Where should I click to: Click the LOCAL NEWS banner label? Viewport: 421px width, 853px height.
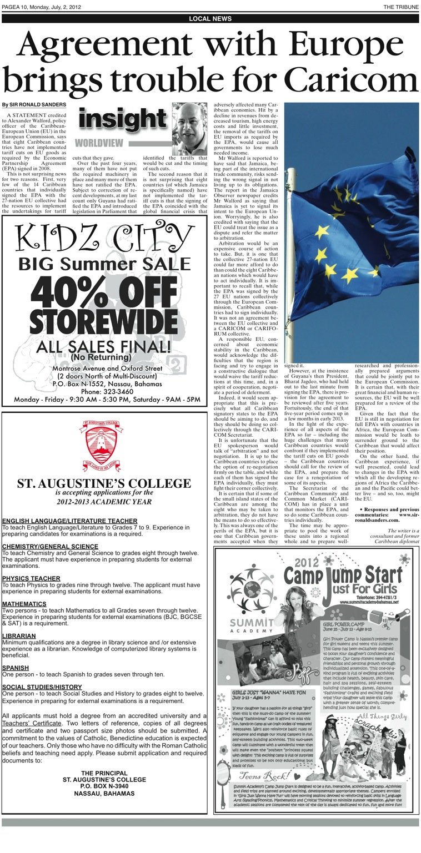pos(210,19)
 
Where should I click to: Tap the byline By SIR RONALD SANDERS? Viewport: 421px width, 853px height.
pos(34,104)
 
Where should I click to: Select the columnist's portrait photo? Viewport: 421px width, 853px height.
pos(189,129)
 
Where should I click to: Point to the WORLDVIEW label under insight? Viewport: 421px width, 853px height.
pos(99,143)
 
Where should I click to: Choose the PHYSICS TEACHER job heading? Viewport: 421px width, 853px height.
pos(31,578)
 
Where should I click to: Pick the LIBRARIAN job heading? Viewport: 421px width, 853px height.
pos(19,635)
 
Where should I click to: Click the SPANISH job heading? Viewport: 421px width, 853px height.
pos(16,668)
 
